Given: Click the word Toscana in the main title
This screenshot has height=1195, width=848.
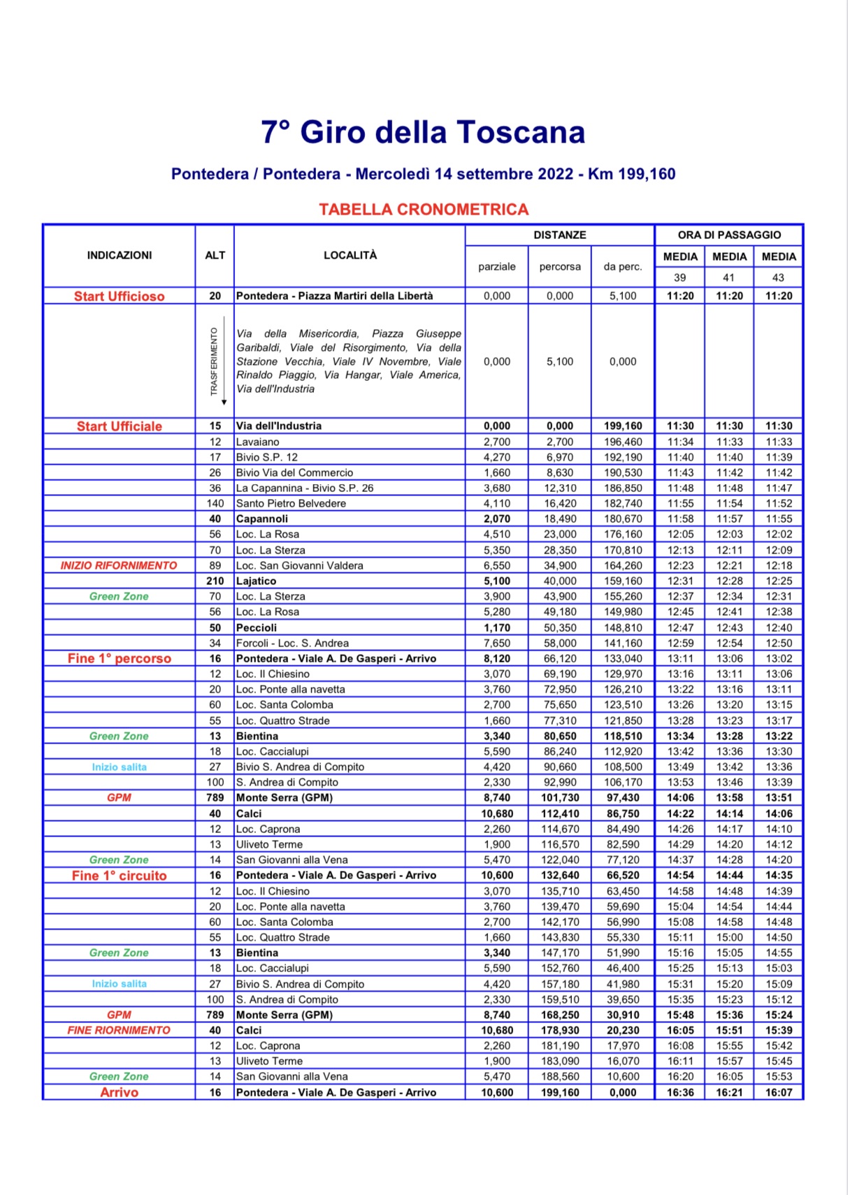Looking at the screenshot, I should [x=521, y=132].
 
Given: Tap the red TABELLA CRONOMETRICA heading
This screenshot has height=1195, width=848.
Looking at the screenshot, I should [x=424, y=210].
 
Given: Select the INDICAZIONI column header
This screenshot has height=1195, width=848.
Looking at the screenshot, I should [x=120, y=255].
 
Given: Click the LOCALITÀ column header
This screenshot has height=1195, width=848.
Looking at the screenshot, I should [x=350, y=255].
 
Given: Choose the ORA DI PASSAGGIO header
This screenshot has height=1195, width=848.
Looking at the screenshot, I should [x=729, y=235].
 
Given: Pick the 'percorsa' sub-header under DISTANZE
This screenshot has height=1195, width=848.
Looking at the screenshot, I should [x=560, y=266].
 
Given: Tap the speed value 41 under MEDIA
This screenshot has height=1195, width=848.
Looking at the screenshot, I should [x=728, y=277].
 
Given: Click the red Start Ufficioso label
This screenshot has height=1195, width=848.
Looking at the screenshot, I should [x=120, y=296].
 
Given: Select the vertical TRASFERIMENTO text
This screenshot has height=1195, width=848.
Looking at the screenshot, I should [x=215, y=362].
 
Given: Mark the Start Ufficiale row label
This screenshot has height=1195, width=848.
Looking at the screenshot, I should [x=120, y=426].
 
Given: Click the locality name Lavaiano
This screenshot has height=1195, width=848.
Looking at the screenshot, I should [x=258, y=442].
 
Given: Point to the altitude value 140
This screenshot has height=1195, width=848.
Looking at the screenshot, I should [x=215, y=503].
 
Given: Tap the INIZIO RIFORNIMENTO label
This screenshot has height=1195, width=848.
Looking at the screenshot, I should [x=119, y=565].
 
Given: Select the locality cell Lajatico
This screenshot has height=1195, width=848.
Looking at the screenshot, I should [x=257, y=581].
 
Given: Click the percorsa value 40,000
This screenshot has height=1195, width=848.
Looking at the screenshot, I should [x=560, y=581].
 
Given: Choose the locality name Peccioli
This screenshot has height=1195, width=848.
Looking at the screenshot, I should [x=257, y=628].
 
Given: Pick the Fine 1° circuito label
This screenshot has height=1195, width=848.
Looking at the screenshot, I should [x=120, y=876].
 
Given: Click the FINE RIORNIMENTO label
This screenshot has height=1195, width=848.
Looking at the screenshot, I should [x=119, y=1030].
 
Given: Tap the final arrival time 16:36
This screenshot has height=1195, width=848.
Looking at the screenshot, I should [x=680, y=1092].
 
